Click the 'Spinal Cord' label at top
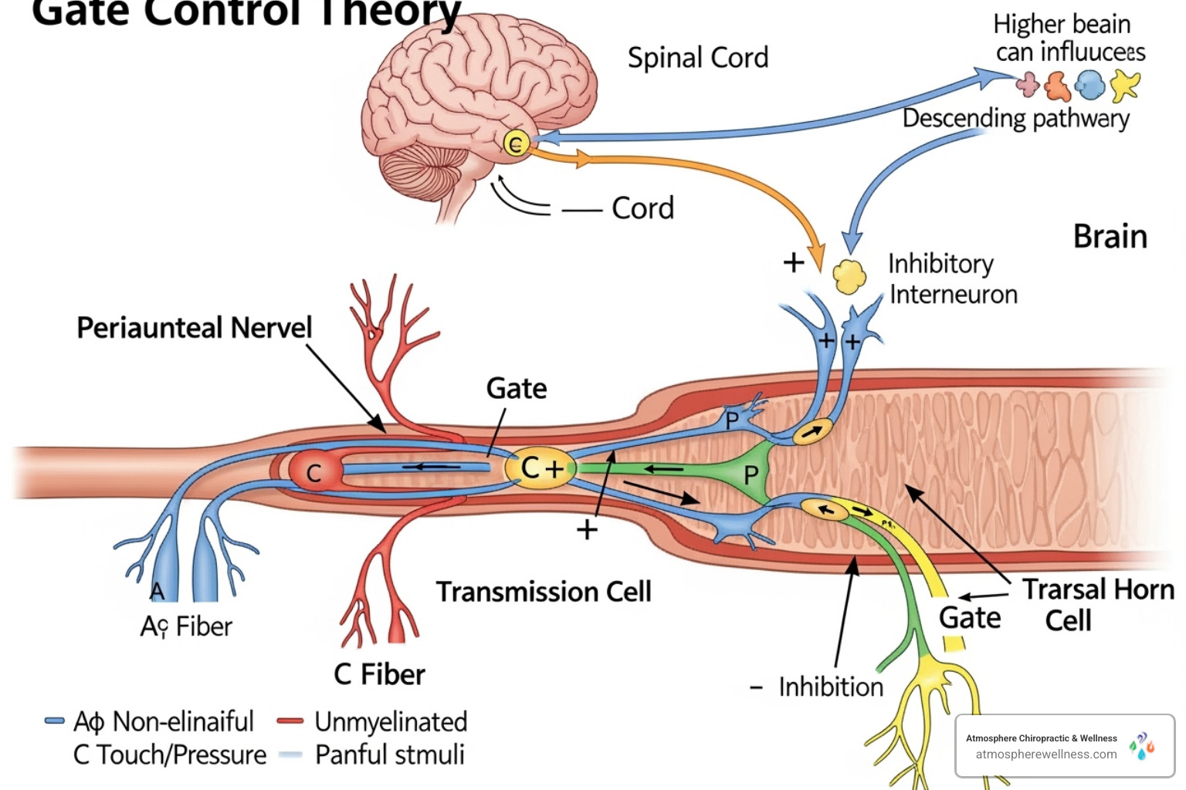point(697,58)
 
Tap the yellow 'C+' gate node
point(540,468)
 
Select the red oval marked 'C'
point(314,471)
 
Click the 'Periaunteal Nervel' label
point(194,327)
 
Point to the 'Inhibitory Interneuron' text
point(952,279)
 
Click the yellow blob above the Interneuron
point(849,277)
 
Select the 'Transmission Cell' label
point(544,592)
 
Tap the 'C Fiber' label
point(379,674)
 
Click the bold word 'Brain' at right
point(1110,237)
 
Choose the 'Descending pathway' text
point(1015,118)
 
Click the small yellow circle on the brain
point(515,143)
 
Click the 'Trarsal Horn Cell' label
point(1096,604)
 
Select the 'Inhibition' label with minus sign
point(818,687)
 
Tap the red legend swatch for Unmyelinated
point(290,721)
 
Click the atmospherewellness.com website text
point(1045,755)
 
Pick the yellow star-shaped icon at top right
point(1124,85)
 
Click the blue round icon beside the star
point(1089,85)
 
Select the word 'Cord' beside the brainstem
point(642,208)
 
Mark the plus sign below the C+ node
point(587,529)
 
